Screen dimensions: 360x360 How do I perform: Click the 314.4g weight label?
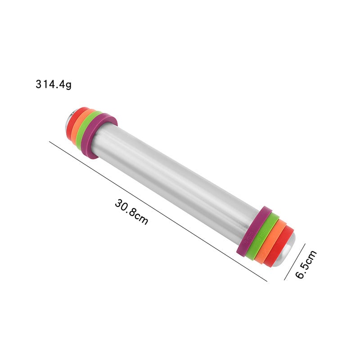pos(54,84)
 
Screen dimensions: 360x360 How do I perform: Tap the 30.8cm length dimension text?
pos(131,211)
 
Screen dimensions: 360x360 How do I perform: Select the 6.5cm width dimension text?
pos(306,265)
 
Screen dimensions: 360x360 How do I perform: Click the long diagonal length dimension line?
pos(158,211)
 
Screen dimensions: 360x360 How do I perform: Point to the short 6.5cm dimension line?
pos(295,262)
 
